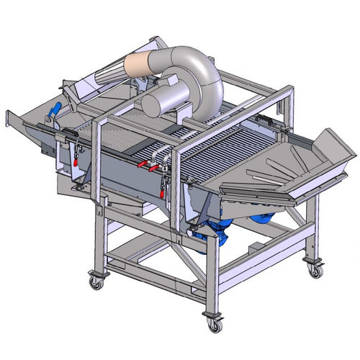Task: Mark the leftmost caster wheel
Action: click(x=96, y=281)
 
